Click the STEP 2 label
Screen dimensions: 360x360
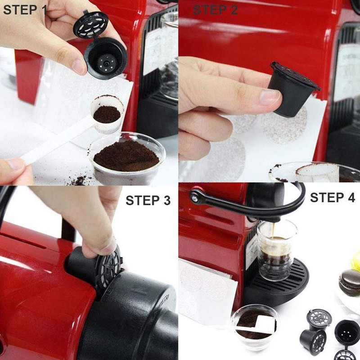click(x=216, y=9)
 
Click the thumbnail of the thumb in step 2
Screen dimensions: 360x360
click(x=270, y=96)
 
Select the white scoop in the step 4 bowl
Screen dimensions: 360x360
click(x=265, y=323)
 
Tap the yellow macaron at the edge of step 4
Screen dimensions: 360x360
click(x=356, y=261)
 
